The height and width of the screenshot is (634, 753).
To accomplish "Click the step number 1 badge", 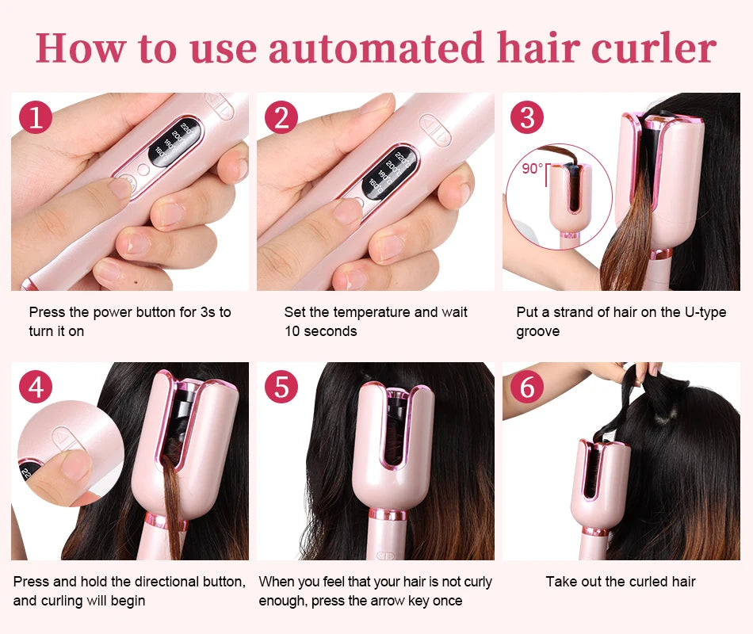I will click(x=36, y=117).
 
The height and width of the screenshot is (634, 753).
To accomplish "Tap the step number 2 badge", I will click(x=281, y=117).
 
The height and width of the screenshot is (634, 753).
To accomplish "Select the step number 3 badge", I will click(x=527, y=117).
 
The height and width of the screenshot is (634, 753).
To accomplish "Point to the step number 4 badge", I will click(x=36, y=387).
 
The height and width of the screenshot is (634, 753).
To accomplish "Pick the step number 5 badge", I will click(x=281, y=387).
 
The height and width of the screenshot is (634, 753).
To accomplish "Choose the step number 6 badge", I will click(x=527, y=387).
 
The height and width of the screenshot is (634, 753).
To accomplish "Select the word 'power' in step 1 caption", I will click(x=110, y=312).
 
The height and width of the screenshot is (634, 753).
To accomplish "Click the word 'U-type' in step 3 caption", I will click(x=705, y=312).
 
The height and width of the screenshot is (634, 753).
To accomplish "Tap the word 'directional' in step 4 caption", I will click(x=156, y=582).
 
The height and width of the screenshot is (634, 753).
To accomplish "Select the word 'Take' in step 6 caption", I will click(x=560, y=582).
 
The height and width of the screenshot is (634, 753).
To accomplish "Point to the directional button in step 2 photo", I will click(x=435, y=130).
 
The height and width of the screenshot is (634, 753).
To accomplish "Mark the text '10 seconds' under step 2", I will click(x=321, y=331).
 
